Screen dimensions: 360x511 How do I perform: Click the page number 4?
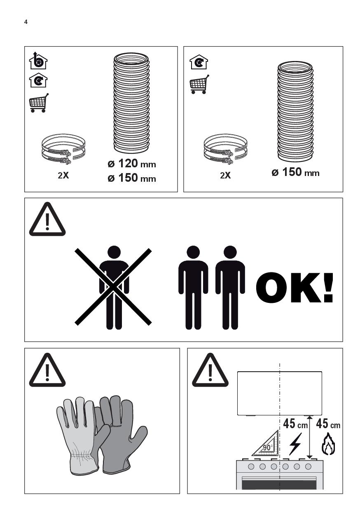26,22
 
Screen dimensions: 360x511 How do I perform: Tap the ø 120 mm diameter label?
132,164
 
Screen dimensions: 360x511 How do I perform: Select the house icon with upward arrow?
38,61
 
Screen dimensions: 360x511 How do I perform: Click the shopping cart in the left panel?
39,103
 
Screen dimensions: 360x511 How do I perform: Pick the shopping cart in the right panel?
199,84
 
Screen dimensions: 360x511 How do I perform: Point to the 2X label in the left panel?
63,176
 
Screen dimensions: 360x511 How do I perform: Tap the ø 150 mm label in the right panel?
295,172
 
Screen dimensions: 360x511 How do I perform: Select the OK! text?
295,288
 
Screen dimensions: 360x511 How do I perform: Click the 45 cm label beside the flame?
328,423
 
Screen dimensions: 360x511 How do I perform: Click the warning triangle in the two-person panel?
47,219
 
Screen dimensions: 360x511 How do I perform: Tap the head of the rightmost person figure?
230,252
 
